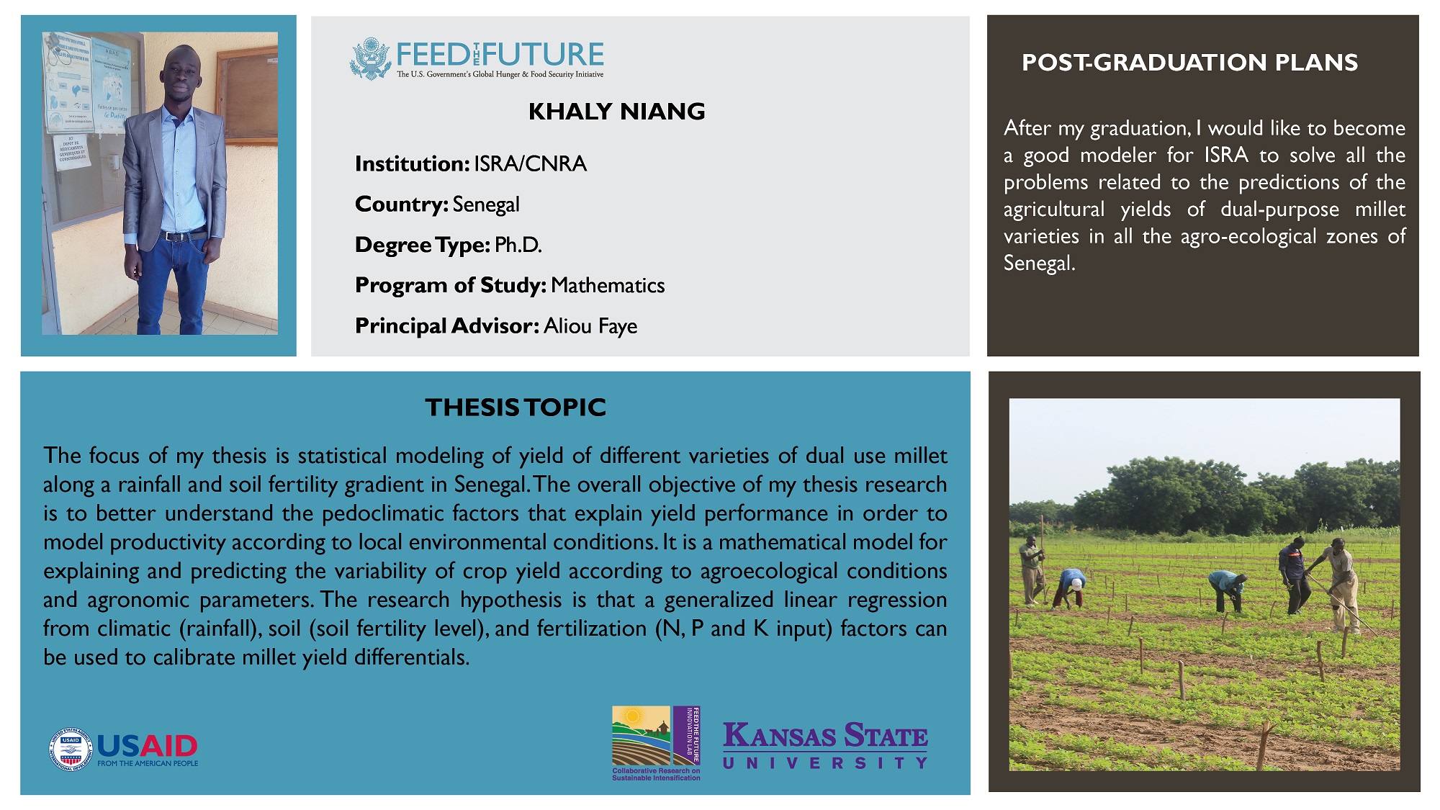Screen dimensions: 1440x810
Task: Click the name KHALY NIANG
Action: (616, 112)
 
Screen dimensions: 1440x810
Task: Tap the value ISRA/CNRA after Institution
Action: (530, 164)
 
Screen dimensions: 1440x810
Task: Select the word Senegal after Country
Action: (486, 205)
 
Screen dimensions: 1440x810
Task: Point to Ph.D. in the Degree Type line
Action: (518, 245)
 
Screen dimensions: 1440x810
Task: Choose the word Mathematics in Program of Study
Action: (608, 285)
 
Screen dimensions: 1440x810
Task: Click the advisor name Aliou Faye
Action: (590, 326)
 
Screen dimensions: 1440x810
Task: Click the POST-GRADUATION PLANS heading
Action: (1189, 63)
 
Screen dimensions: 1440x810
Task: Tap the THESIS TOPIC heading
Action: (516, 408)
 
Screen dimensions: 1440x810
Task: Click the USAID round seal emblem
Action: (71, 750)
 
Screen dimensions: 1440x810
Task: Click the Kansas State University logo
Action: (825, 745)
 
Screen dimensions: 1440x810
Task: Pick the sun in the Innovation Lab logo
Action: (633, 716)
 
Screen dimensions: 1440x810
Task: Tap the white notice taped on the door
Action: (73, 151)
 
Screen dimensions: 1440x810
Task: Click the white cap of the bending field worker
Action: (1076, 584)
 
